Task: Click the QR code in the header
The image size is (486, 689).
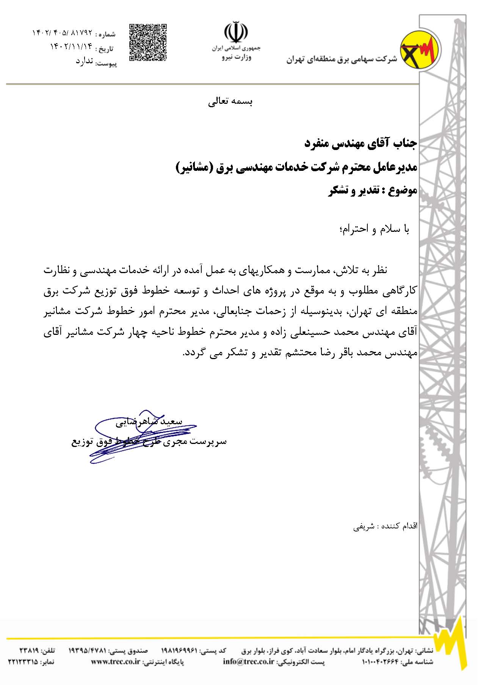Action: pos(148,42)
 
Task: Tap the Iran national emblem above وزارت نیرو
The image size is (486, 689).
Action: pos(236,32)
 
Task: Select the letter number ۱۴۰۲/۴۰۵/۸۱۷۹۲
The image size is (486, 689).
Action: pos(62,34)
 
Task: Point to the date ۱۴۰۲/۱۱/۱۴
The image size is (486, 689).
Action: pos(71,47)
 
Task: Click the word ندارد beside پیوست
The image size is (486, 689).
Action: pos(84,61)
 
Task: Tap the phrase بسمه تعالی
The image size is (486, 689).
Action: pos(230,102)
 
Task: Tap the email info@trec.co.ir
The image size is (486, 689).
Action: pos(248,662)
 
